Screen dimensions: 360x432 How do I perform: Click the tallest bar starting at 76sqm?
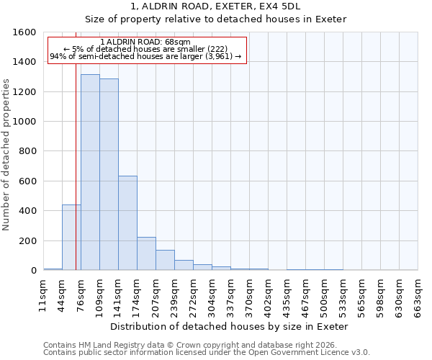[90, 172]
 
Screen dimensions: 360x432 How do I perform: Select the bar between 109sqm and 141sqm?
[109, 174]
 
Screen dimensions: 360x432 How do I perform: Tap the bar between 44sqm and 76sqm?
[71, 238]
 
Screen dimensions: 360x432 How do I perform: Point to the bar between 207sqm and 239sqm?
[165, 260]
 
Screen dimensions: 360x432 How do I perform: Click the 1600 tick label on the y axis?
[24, 32]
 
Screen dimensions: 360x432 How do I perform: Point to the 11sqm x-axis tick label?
[43, 294]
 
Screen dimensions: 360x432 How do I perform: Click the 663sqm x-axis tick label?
[418, 294]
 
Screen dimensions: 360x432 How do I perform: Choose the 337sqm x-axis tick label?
[230, 294]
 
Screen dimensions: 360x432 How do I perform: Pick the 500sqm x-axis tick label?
[324, 294]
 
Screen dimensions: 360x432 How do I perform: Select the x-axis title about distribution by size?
[230, 326]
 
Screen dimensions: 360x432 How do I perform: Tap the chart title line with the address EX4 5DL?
[216, 6]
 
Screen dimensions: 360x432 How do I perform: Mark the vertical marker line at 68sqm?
[76, 180]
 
